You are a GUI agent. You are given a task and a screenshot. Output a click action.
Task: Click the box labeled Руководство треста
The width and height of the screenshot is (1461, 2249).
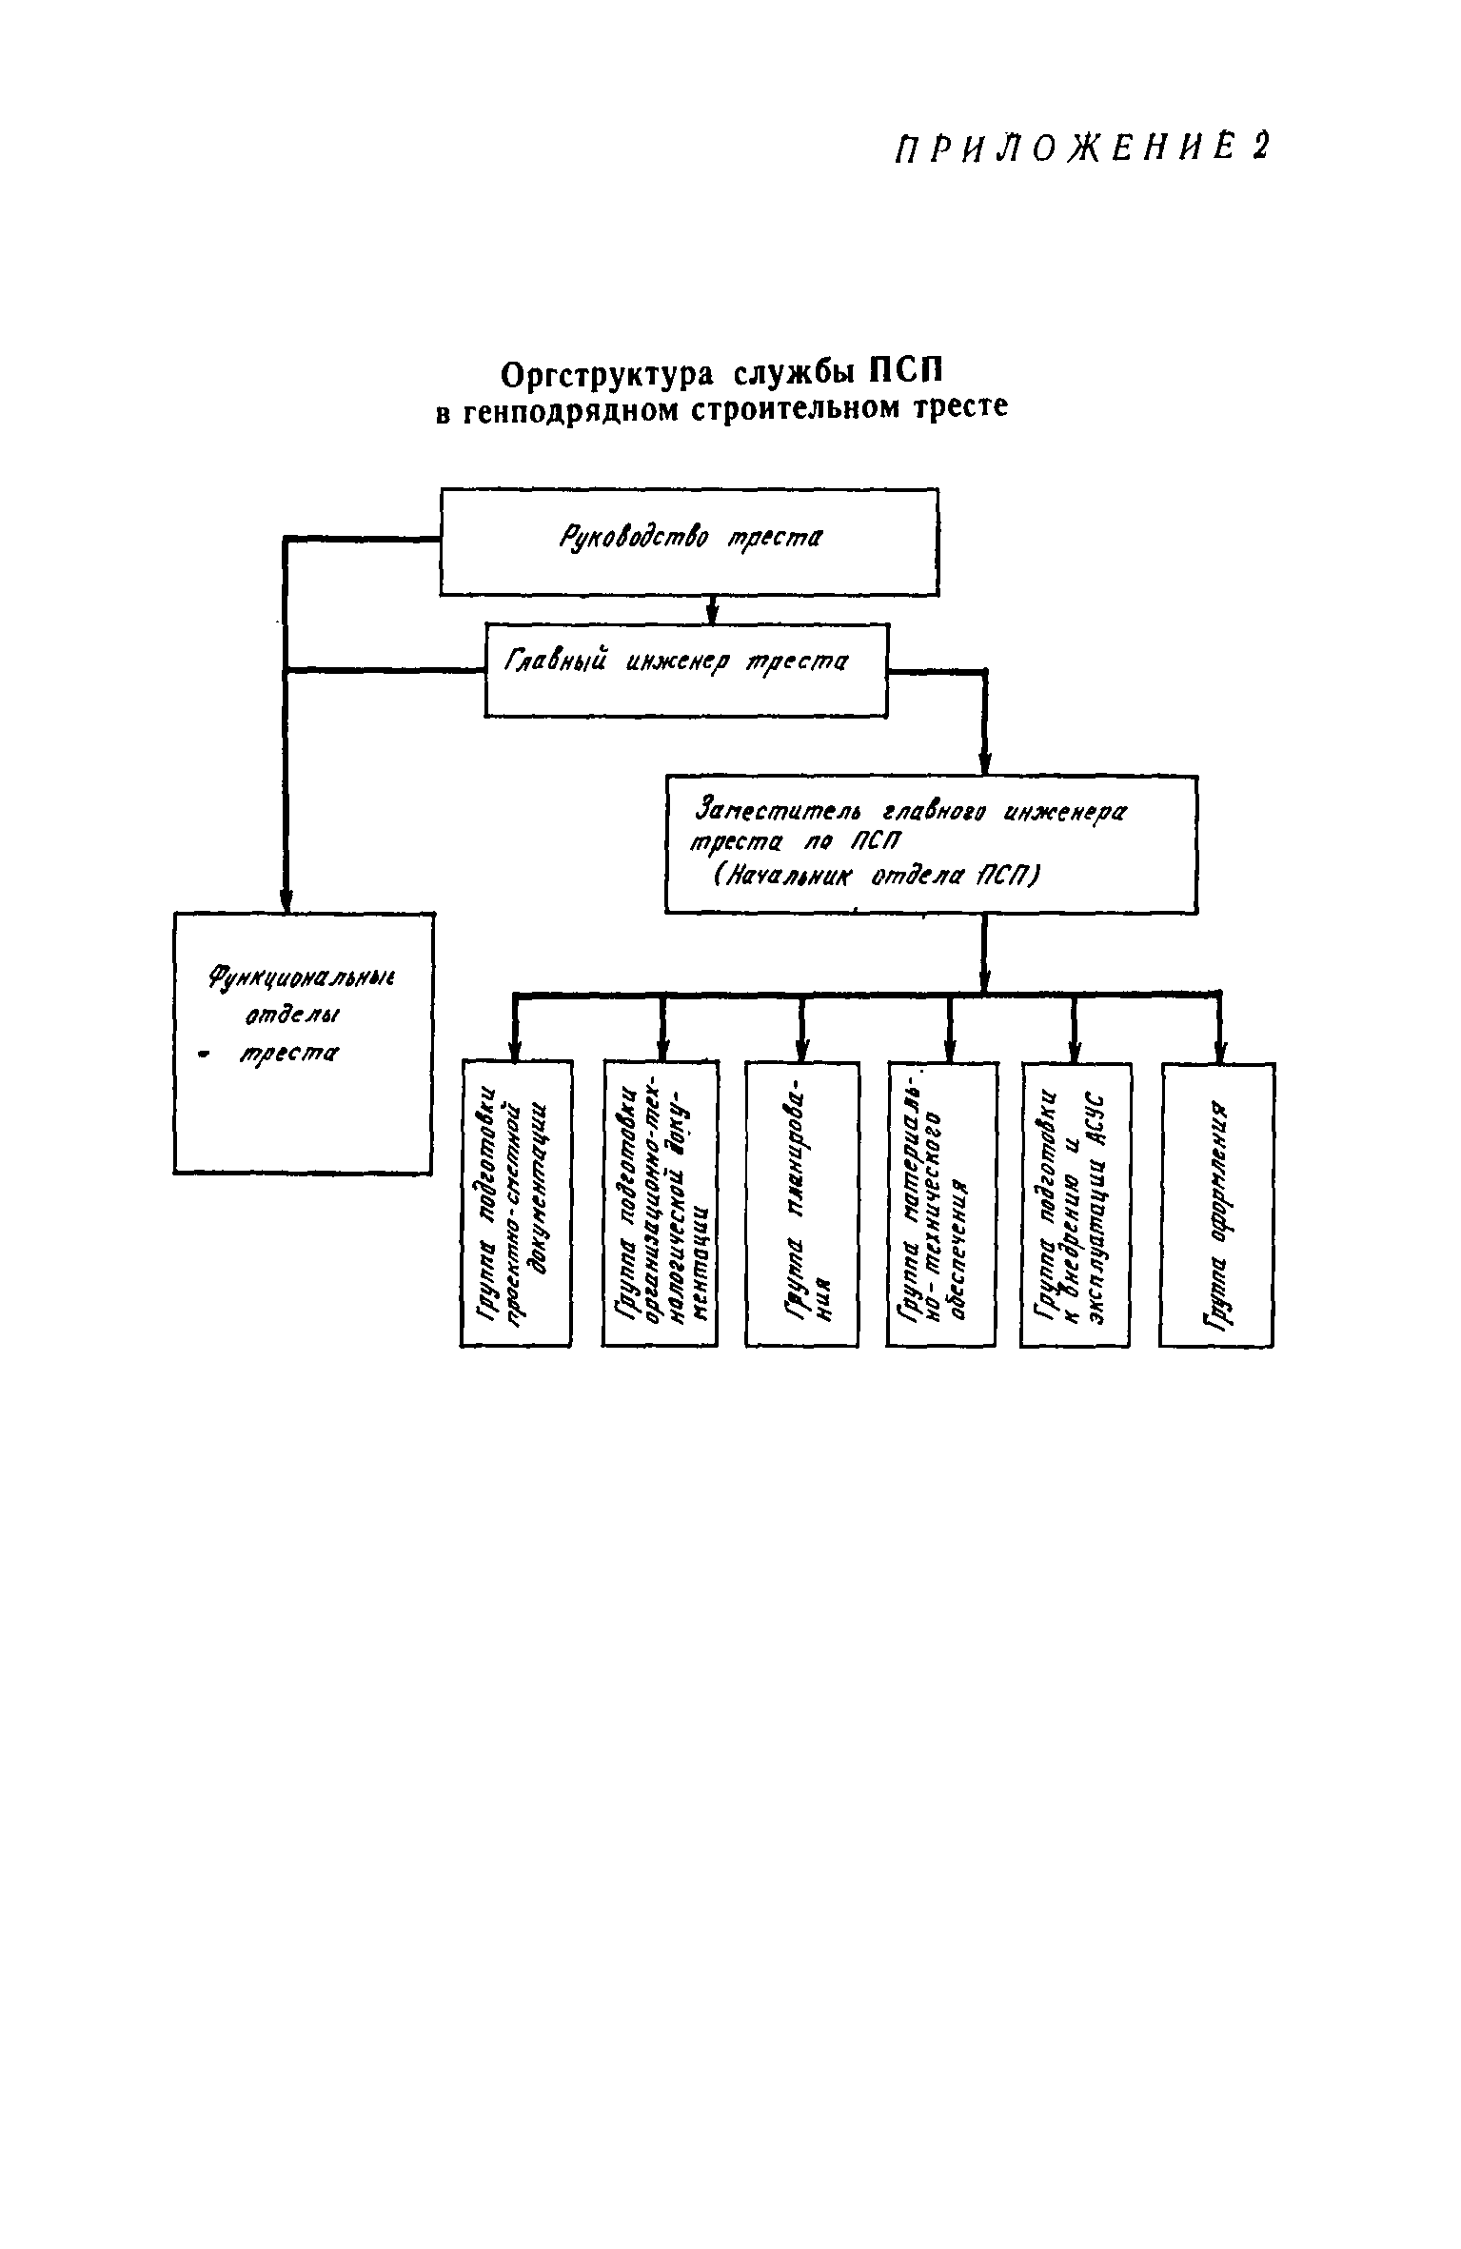[688, 542]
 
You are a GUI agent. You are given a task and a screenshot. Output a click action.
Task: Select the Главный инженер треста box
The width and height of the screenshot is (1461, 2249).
[685, 669]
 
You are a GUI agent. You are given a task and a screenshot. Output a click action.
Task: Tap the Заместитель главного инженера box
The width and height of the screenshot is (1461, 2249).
[930, 843]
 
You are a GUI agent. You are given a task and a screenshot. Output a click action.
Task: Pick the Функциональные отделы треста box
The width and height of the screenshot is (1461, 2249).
[303, 1042]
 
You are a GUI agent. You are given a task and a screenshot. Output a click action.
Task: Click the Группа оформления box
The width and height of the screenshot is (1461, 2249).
[1216, 1204]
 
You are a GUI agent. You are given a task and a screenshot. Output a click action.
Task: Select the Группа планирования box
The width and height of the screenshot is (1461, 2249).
[800, 1204]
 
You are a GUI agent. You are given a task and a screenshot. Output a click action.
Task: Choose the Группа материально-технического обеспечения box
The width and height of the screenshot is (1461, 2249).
[941, 1204]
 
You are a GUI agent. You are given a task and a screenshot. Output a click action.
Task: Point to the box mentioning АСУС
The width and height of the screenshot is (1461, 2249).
[1075, 1204]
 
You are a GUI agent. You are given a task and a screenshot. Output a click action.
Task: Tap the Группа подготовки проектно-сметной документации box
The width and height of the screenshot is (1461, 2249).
[516, 1204]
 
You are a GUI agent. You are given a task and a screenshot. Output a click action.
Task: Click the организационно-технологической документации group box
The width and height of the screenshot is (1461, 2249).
[660, 1204]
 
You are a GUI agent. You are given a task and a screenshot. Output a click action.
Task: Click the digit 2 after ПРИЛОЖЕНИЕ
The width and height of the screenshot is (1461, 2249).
[1260, 148]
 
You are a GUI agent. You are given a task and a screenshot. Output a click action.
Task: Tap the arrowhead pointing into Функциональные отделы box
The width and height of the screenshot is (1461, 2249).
[285, 899]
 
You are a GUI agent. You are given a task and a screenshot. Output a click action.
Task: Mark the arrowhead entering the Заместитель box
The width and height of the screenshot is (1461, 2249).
[984, 763]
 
